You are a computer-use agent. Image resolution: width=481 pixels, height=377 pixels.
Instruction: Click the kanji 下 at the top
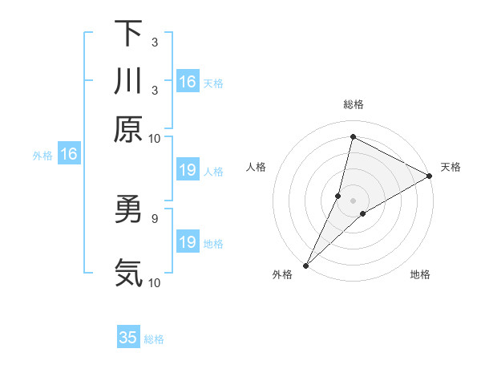[128, 34]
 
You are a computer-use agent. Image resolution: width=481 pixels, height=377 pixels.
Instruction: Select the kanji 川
[128, 82]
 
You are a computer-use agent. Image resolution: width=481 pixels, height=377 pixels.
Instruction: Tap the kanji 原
[128, 129]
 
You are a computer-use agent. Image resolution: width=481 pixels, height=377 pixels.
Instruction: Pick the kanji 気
[128, 273]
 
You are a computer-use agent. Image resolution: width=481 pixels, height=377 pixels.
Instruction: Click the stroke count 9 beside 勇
[154, 217]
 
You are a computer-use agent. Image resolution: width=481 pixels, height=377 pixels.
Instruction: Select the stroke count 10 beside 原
[155, 138]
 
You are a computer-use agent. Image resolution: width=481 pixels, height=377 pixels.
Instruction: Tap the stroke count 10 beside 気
[155, 282]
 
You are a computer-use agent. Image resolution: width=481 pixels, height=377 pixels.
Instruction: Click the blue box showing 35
[128, 338]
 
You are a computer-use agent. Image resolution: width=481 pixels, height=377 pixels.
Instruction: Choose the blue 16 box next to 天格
[188, 82]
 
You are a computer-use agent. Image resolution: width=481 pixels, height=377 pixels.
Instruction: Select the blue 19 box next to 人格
[188, 170]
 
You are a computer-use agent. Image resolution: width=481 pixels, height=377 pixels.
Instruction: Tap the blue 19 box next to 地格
[188, 242]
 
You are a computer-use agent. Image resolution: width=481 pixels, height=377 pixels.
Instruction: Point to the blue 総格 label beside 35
[154, 339]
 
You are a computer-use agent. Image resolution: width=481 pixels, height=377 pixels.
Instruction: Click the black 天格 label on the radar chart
[451, 167]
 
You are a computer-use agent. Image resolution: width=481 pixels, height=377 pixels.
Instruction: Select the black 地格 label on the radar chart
[420, 275]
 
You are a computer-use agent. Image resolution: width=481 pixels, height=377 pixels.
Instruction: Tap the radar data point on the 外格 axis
[305, 265]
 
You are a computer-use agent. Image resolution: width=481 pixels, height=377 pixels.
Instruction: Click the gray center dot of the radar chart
[353, 200]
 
